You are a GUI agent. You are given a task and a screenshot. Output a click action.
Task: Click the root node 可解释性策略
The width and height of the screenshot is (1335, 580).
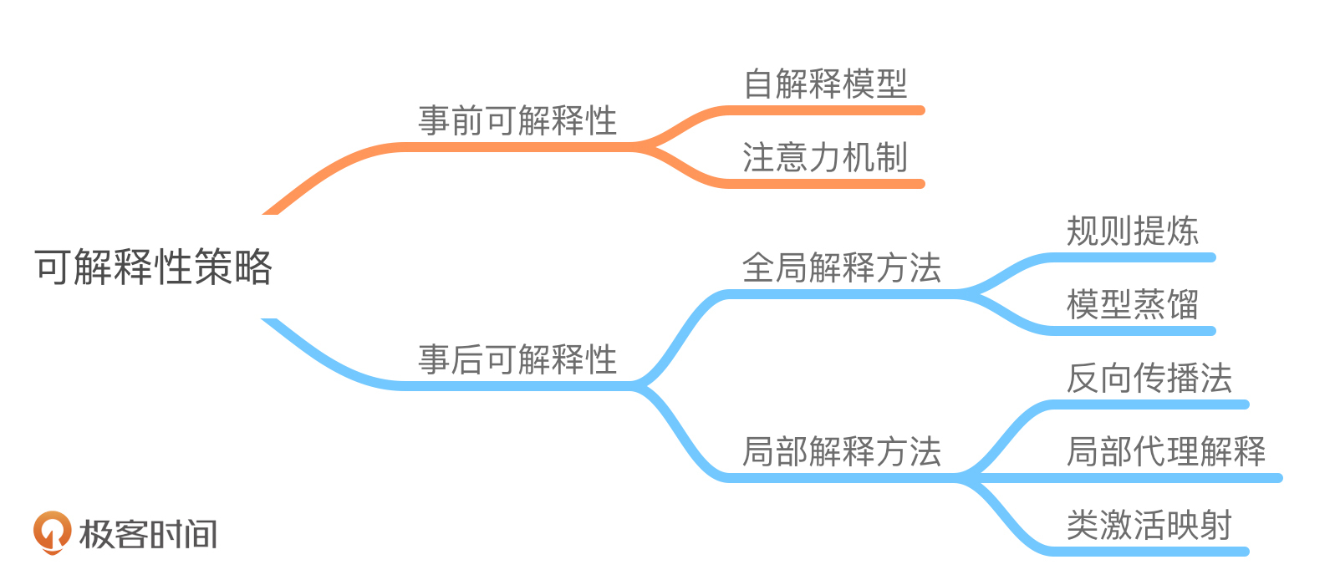[153, 267]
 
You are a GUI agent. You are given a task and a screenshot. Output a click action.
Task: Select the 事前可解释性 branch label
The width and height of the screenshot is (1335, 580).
[517, 121]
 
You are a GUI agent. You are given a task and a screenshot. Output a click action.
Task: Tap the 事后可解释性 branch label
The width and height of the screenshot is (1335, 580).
[517, 360]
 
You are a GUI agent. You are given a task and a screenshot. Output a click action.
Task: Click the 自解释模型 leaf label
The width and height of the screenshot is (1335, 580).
[825, 84]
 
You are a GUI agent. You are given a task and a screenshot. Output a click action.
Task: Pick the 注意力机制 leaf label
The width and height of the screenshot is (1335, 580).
[825, 157]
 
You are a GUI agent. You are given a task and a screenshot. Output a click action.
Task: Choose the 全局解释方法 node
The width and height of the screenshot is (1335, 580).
[842, 268]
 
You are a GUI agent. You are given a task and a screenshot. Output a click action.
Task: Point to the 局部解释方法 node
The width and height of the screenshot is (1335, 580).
[842, 451]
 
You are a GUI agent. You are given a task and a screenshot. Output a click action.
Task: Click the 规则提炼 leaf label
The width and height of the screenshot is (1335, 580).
[1133, 231]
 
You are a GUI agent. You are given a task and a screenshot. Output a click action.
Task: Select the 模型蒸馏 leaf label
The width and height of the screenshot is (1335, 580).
[1133, 305]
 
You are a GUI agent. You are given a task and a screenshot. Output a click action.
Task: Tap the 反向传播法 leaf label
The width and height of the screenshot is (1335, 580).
[1149, 379]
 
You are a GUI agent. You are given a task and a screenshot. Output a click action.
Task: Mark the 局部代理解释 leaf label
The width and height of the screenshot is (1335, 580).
[1166, 451]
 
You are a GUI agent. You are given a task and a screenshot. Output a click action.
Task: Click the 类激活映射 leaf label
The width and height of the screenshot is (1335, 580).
[1149, 526]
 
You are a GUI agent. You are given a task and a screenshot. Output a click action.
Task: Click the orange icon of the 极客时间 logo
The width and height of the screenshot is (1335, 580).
[52, 532]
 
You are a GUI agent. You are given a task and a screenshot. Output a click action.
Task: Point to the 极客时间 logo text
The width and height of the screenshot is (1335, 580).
[148, 534]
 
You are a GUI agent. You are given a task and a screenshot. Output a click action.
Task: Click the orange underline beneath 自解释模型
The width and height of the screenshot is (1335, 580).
[828, 110]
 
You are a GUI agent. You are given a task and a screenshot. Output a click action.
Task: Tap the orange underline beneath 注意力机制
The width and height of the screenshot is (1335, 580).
[828, 184]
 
